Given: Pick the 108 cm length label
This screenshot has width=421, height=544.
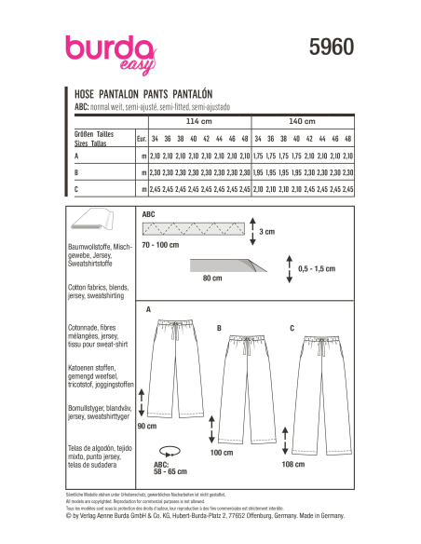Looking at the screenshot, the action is [295, 462].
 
